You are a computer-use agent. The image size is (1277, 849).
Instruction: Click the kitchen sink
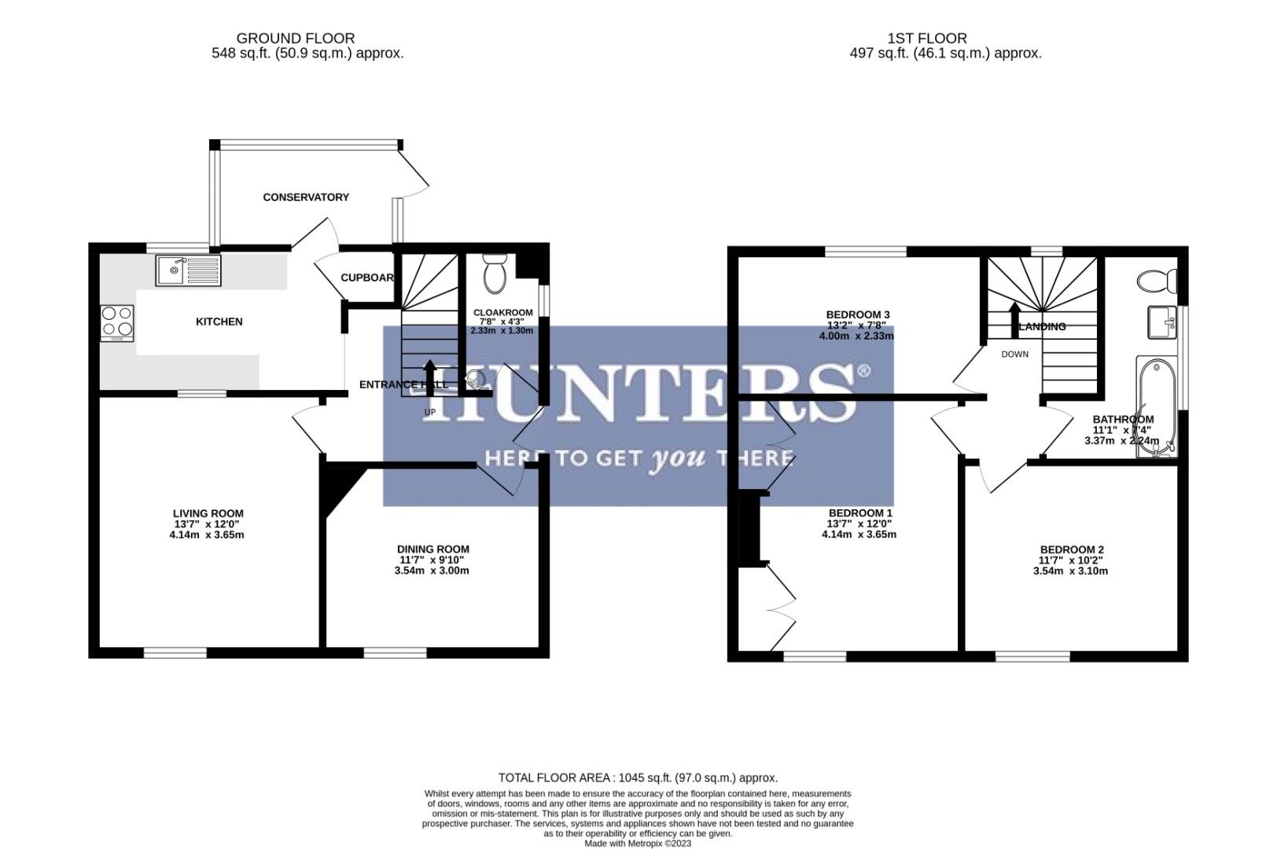click(x=189, y=270)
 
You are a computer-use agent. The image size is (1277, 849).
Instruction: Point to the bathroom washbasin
click(x=1161, y=322)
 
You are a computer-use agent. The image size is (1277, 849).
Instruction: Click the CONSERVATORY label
click(x=306, y=197)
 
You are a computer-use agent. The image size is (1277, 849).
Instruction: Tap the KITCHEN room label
click(x=219, y=322)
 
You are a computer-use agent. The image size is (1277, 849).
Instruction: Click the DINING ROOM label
click(x=432, y=549)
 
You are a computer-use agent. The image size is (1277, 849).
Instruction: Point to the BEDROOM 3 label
click(x=857, y=314)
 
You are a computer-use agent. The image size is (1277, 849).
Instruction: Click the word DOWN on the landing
click(x=1014, y=355)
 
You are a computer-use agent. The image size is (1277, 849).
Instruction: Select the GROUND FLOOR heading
click(x=295, y=38)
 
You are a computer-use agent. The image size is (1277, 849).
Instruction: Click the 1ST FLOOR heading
click(x=927, y=38)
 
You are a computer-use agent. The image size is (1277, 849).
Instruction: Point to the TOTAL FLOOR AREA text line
click(x=638, y=777)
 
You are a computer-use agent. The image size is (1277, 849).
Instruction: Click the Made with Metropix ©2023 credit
click(x=638, y=843)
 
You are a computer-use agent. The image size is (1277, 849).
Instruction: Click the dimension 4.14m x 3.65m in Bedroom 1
click(x=859, y=535)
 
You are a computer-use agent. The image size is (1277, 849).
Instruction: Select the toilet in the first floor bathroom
click(x=1157, y=279)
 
